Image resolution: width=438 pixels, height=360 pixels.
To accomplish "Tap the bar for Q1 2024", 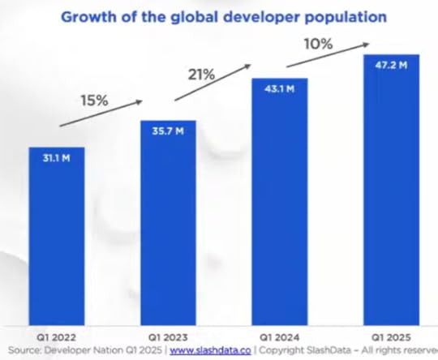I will (x=280, y=203).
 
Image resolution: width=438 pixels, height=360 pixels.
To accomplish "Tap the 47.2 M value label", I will (x=391, y=66).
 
